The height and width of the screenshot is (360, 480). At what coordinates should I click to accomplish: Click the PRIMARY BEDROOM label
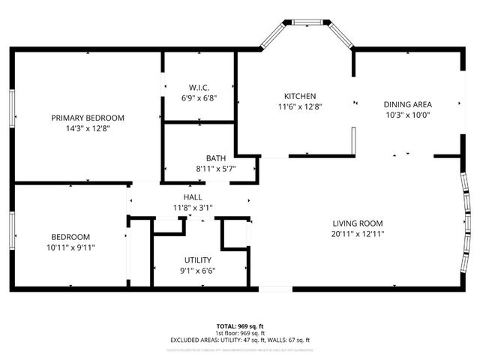[x=88, y=118]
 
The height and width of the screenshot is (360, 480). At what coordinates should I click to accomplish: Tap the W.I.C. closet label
[x=198, y=86]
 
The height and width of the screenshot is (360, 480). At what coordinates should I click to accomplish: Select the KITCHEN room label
[x=300, y=96]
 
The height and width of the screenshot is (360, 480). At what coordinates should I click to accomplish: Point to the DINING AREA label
[x=407, y=105]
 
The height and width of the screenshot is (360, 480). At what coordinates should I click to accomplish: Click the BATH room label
[x=216, y=158]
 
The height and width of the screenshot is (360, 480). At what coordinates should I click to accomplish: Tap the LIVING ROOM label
[x=358, y=223]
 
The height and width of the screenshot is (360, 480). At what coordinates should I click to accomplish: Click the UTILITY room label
[x=198, y=260]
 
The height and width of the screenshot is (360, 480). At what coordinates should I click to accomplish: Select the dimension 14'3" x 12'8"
[x=88, y=128]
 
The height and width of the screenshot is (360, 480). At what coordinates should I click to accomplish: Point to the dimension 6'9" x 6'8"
[x=198, y=97]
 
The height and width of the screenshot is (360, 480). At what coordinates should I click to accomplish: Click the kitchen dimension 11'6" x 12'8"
[x=300, y=106]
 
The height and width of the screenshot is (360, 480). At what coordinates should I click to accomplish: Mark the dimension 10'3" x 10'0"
[x=407, y=115]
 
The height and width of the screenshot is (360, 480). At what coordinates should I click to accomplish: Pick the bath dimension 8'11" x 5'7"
[x=216, y=169]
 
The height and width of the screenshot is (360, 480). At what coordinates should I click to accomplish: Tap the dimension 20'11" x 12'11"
[x=358, y=233]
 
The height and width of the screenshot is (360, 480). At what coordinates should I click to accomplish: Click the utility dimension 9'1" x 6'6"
[x=198, y=271]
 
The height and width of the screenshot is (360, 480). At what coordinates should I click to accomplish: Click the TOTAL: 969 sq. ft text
[x=240, y=327]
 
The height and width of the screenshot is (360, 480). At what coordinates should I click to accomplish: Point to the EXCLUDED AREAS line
[x=240, y=340]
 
